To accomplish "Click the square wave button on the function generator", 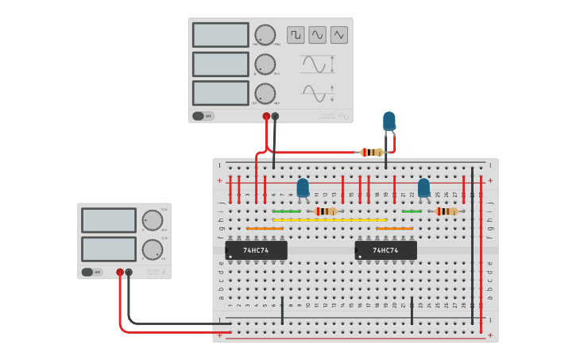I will pos(296,35).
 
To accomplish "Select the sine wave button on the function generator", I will pos(317,35).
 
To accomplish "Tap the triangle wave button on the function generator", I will pos(339,35).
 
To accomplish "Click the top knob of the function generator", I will pos(265,35).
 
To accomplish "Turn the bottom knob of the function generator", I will pos(265,94).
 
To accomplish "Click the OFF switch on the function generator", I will pos(203,115).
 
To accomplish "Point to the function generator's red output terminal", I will pos(266,116).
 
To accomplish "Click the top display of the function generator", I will pos(221,35).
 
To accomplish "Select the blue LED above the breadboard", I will pos(389,120).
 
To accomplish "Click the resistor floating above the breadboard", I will pos(371,152).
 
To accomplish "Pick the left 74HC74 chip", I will pos(256,250).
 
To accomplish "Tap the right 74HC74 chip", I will pos(385,250).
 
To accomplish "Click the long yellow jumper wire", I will pos(330,220).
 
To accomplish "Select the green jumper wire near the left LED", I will pos(286,211).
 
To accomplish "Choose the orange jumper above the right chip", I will pos(394,229).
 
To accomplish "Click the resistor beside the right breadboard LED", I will pos(446,211).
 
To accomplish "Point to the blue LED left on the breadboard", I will pos(303,188).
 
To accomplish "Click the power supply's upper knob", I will pos(152,220).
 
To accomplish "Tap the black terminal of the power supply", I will pos(129,272).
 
